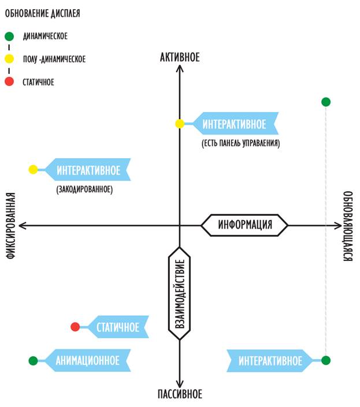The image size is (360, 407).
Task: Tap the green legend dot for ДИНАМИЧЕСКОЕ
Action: point(9,36)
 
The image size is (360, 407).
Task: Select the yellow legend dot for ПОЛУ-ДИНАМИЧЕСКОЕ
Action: point(9,59)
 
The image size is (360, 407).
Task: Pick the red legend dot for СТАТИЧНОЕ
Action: point(9,82)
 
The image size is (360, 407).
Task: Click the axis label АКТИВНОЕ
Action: point(180,57)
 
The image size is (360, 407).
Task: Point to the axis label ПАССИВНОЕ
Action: point(180,394)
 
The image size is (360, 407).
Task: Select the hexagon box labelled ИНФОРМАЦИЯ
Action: point(244,225)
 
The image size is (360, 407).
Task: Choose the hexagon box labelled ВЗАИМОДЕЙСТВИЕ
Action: point(180,293)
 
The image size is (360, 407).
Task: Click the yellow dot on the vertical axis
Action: point(180,124)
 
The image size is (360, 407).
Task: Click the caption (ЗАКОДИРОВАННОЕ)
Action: point(84,189)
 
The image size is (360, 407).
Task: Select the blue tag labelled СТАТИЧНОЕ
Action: point(117,327)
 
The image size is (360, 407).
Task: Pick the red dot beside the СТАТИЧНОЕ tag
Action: point(75,327)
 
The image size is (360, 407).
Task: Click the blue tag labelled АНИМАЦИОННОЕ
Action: point(87,361)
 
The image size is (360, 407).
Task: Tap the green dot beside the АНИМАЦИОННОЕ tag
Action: point(33,361)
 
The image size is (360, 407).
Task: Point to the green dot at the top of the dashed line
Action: point(326,102)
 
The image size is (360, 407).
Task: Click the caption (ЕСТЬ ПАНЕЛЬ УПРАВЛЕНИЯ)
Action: point(241,143)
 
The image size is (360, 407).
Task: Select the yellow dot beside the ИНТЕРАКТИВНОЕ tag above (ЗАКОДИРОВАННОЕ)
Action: point(33,170)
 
